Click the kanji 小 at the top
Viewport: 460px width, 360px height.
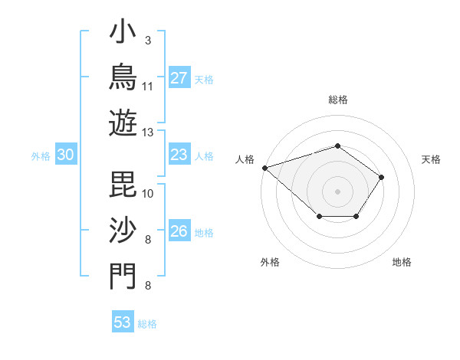point(123,31)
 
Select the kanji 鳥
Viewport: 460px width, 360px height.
point(123,77)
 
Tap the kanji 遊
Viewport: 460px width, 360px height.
point(123,123)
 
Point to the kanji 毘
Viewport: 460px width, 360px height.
point(123,185)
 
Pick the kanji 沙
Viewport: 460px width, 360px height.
point(123,230)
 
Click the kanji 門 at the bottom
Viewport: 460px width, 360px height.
point(123,277)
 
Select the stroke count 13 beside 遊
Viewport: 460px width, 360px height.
point(147,133)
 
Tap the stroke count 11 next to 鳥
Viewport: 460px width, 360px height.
point(147,87)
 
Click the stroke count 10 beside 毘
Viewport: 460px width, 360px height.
point(147,194)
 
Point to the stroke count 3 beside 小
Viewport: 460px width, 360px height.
point(148,41)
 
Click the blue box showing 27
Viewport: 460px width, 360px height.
point(179,77)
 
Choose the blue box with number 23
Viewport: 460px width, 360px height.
point(179,154)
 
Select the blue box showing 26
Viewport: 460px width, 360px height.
point(179,230)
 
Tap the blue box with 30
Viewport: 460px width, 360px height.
point(66,154)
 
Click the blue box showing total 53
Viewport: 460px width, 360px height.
point(123,321)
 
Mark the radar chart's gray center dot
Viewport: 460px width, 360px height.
point(337,191)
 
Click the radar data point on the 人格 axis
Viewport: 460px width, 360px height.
point(265,168)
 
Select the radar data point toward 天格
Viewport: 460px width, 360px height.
point(381,178)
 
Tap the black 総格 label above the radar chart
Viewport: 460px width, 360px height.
point(338,100)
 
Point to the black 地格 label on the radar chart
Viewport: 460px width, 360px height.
point(402,262)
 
